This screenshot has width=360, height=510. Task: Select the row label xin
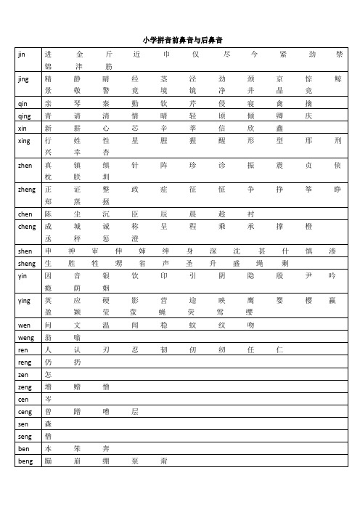point(22,128)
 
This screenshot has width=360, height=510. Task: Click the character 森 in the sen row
point(48,424)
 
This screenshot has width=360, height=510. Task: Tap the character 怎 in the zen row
point(48,374)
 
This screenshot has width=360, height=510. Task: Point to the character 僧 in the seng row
point(48,436)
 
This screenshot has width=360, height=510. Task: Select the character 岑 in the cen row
point(48,399)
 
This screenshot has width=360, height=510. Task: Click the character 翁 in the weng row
point(48,337)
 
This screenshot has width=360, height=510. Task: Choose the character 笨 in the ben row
point(76,448)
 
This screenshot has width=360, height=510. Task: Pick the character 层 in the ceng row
point(134,411)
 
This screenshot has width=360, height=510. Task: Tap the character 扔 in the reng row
point(76,362)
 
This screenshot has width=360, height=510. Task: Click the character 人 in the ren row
point(48,349)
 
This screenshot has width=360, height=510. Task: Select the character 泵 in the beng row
point(134,461)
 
